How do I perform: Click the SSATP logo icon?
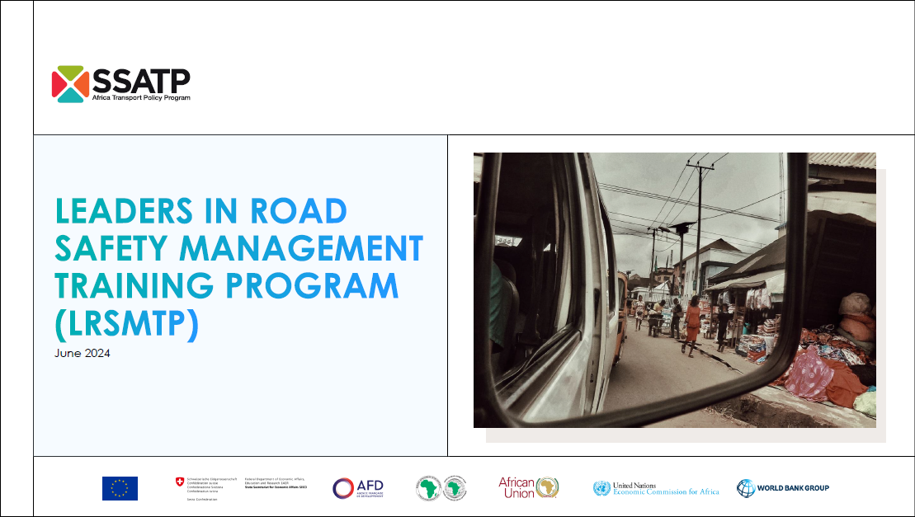click(x=70, y=84)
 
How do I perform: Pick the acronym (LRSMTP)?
click(x=128, y=324)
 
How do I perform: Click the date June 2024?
click(x=83, y=354)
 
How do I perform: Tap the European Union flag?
click(x=120, y=488)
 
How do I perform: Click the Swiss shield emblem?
click(x=180, y=481)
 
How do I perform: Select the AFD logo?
click(x=358, y=488)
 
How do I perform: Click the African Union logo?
click(x=529, y=488)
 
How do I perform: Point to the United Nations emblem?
click(x=601, y=488)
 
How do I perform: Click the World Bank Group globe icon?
click(x=746, y=488)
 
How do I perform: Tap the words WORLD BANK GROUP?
click(x=794, y=488)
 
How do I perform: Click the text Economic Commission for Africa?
click(x=667, y=492)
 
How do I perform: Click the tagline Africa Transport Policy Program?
click(x=141, y=98)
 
